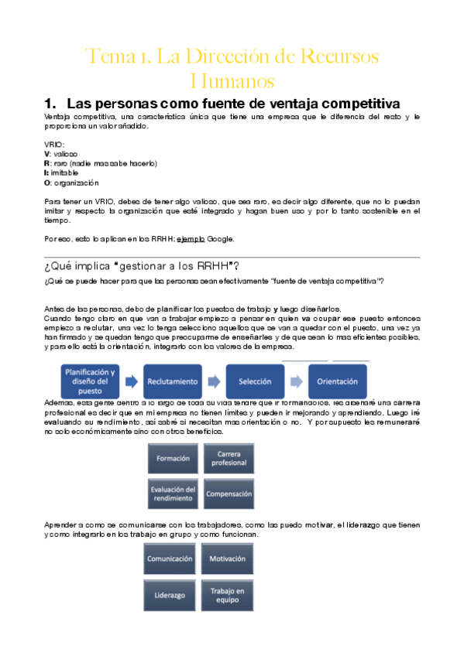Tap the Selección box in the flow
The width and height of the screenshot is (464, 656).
tap(255, 381)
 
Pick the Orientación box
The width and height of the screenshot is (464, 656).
tap(338, 381)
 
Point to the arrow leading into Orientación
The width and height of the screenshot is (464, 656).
tap(297, 381)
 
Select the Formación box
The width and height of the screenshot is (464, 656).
tap(173, 459)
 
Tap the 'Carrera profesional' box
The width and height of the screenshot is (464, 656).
tap(229, 459)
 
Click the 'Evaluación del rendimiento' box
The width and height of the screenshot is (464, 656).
tap(173, 494)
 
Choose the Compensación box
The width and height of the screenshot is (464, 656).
tap(229, 494)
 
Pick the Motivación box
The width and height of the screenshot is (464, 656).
tap(227, 559)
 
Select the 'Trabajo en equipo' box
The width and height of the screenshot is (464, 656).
tap(227, 595)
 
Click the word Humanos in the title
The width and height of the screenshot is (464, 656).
tap(232, 80)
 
